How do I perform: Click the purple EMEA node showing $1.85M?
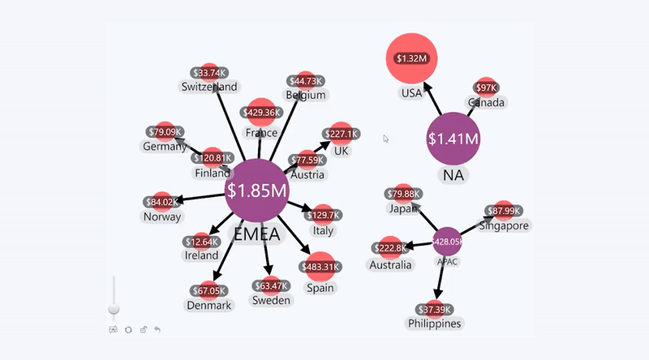tap(256, 191)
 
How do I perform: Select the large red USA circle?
tap(411, 58)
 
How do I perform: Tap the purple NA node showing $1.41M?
tap(453, 139)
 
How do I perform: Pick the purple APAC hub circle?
tap(447, 242)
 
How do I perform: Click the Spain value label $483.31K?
tap(320, 267)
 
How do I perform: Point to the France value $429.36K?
tap(261, 113)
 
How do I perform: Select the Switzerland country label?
tap(209, 87)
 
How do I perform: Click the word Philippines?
tap(434, 324)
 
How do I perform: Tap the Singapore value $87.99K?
tap(503, 211)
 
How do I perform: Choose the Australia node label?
tap(390, 265)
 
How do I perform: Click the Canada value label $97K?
tap(486, 88)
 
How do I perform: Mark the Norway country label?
tap(162, 216)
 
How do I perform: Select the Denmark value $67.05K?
tap(209, 291)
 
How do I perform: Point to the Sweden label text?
tap(271, 301)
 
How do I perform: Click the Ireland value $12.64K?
tap(201, 242)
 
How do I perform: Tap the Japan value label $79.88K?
tap(403, 194)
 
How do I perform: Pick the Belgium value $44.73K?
tap(306, 81)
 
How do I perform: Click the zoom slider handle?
tap(114, 309)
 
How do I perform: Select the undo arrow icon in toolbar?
tap(157, 330)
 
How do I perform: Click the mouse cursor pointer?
tap(386, 139)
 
